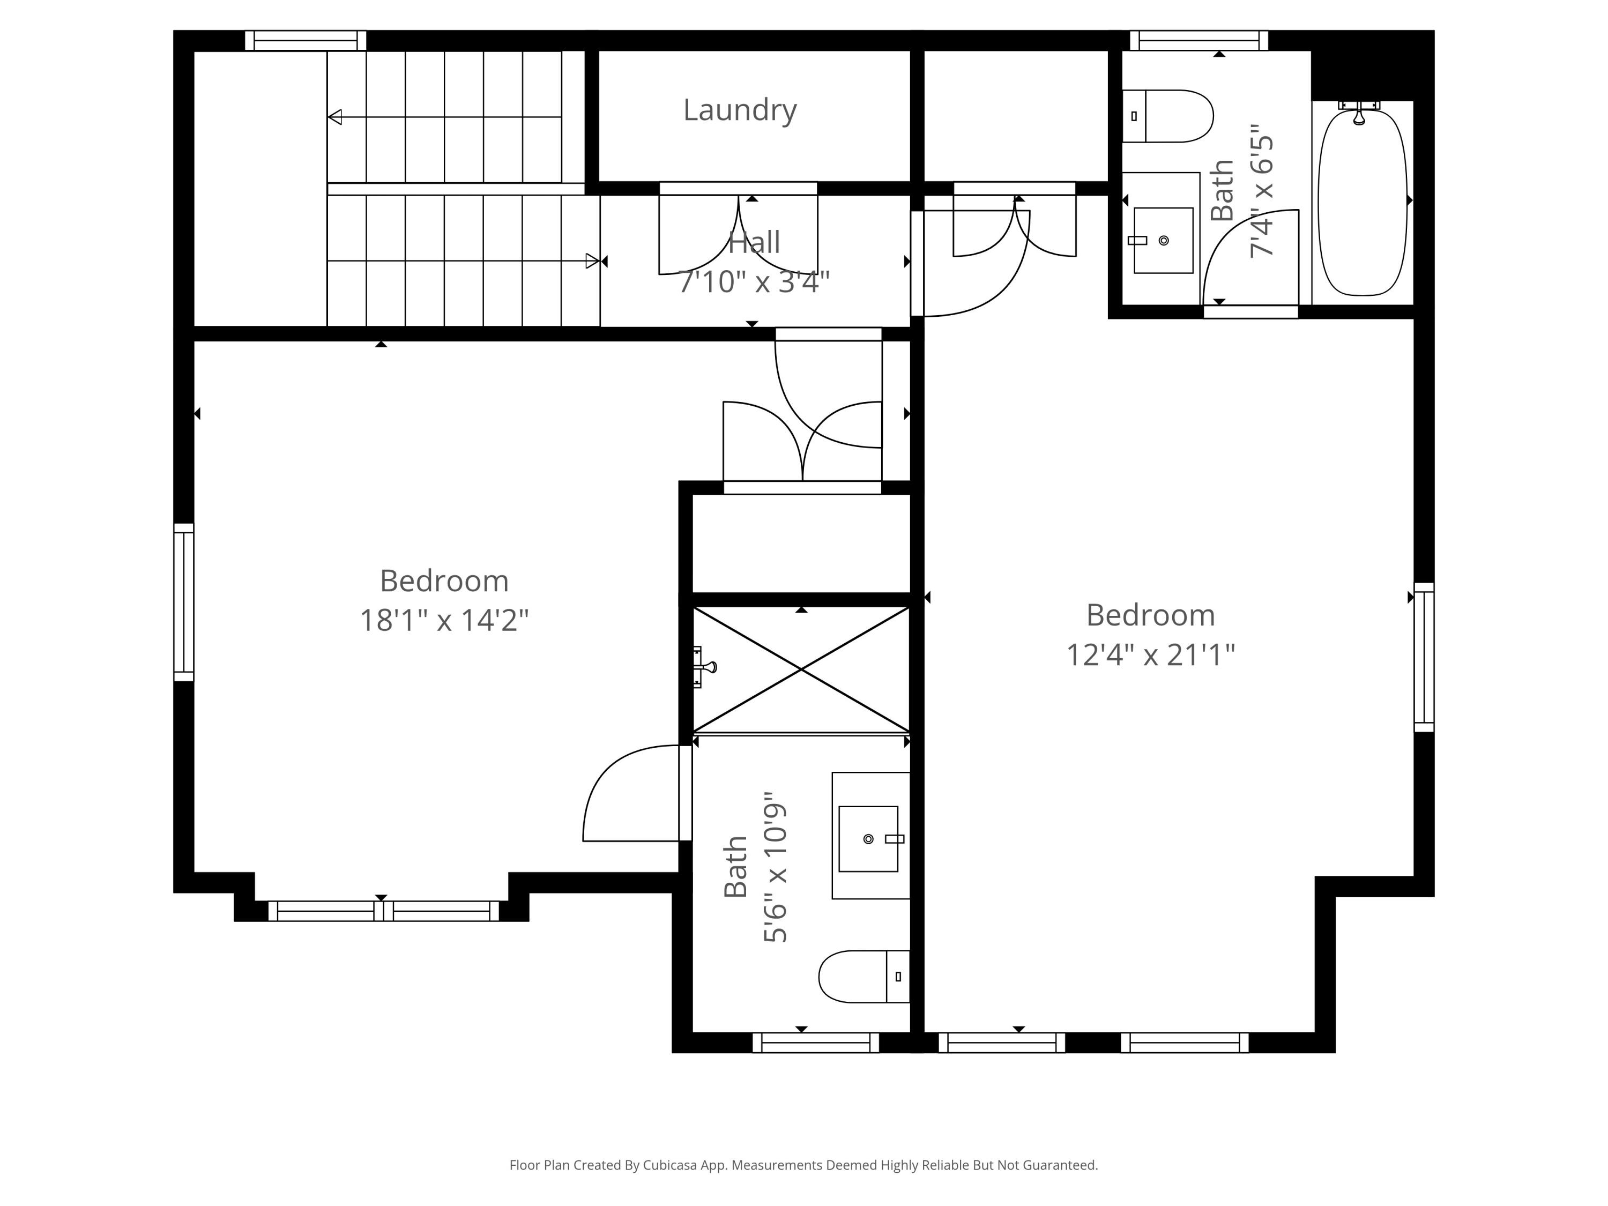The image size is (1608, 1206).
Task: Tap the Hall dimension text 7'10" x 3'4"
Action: pos(753,282)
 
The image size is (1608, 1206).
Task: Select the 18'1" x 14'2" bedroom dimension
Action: pos(444,620)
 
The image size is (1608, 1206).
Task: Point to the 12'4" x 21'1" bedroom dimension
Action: pos(1150,654)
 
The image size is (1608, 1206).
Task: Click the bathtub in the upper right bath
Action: pos(1363,202)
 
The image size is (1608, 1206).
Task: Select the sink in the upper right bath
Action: pos(1163,241)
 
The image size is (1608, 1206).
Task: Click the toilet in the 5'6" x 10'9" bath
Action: pos(863,976)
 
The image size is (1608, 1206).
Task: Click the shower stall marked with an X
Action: pos(801,669)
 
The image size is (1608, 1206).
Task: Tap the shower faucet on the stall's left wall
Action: pos(704,667)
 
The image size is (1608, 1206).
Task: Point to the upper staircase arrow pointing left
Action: pos(335,117)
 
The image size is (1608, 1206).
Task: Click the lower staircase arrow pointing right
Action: pos(592,261)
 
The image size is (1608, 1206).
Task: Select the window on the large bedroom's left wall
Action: pos(184,602)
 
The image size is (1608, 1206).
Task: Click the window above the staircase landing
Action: pos(306,41)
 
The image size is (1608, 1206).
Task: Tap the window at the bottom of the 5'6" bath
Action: pos(816,1043)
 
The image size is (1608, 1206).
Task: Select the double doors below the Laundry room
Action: pos(738,229)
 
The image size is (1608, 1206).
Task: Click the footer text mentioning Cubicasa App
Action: pos(803,1165)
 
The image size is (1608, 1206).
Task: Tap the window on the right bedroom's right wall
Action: pos(1424,657)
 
